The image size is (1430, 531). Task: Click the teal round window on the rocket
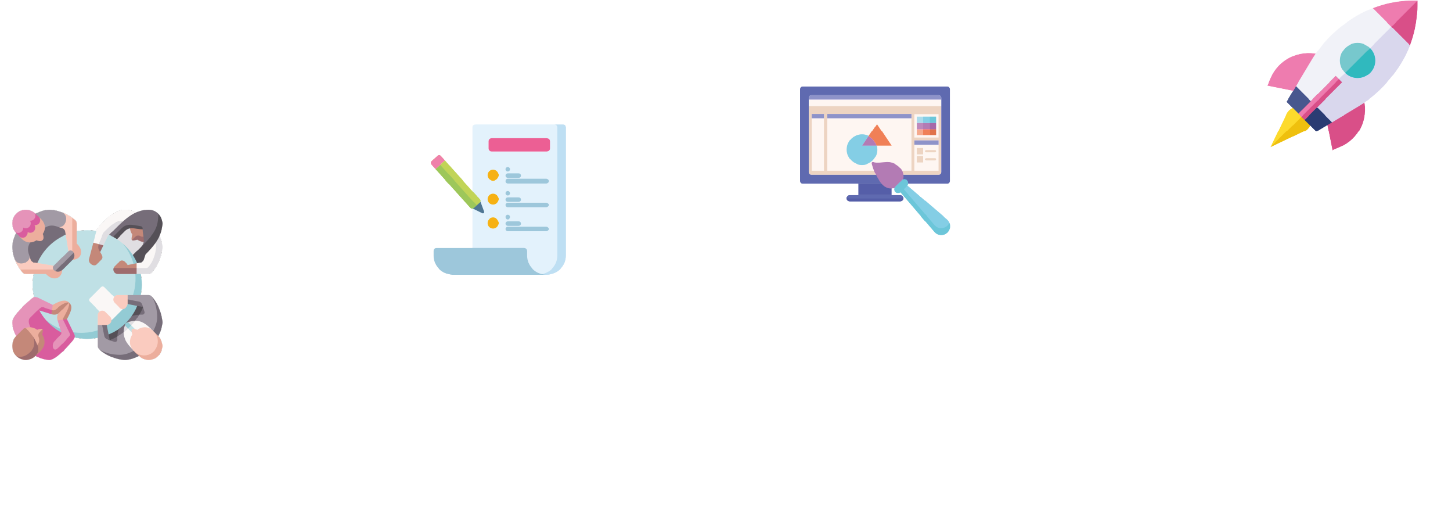pos(1357,60)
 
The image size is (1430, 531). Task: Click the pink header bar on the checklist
pos(519,145)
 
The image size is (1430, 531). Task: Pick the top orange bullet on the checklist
pos(493,175)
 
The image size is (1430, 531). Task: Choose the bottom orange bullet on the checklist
pos(493,223)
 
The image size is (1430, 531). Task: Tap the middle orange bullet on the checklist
pos(493,199)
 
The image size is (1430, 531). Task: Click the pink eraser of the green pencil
pos(437,162)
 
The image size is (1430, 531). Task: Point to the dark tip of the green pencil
pos(480,208)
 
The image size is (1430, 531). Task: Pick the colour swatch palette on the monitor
pos(926,125)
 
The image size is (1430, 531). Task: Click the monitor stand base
pos(874,198)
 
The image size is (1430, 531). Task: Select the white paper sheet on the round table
pos(103,300)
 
